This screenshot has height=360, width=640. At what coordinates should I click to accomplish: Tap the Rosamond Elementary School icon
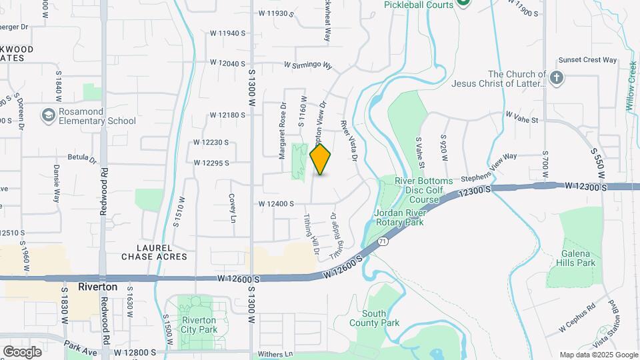click(47, 116)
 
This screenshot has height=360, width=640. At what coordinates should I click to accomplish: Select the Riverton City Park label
click(199, 325)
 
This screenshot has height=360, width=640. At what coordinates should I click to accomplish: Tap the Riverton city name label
click(97, 287)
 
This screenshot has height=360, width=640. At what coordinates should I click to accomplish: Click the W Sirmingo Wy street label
click(307, 65)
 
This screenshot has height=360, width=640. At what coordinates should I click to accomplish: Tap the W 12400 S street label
click(276, 204)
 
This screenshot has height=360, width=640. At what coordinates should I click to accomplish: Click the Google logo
click(22, 351)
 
